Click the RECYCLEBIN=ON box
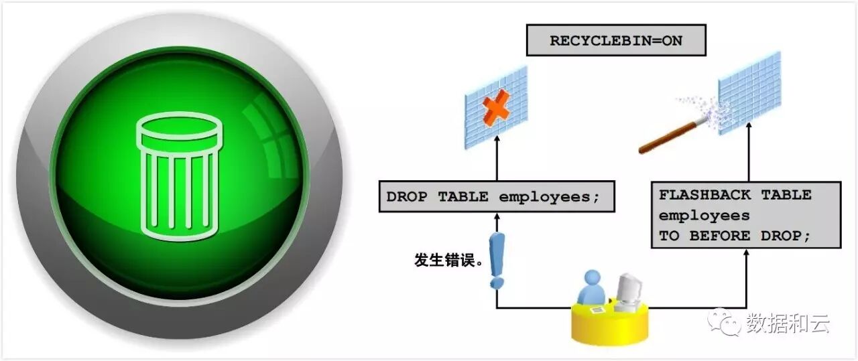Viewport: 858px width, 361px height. [x=616, y=40]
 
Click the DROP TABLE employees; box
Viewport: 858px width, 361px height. [x=496, y=197]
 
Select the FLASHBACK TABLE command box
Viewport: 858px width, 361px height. [x=745, y=215]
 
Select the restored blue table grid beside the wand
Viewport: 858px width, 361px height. [x=749, y=93]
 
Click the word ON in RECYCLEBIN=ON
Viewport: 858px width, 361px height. [x=671, y=40]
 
